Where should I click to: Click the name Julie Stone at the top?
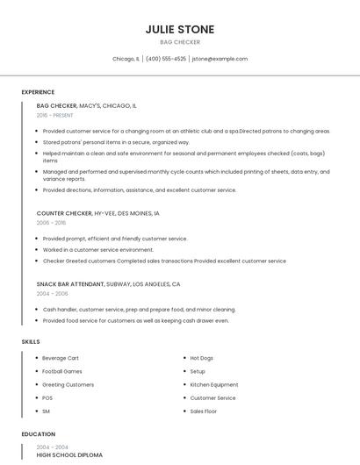pos(180,29)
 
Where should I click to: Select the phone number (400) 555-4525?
pos(166,59)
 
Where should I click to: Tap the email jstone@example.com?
pos(220,59)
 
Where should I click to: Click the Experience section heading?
pos(38,92)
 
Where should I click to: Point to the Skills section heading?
pos(31,341)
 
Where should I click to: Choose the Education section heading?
pos(39,434)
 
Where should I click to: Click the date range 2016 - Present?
pos(55,115)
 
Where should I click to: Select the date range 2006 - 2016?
pos(51,223)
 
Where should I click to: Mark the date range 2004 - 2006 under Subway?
pos(51,294)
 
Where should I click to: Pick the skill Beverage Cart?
pos(61,358)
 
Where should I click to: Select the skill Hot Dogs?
pos(202,358)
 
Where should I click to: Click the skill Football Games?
pos(61,371)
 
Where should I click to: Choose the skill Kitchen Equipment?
pos(214,384)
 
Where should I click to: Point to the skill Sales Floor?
pos(204,411)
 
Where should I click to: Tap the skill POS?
pos(47,397)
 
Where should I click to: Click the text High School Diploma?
pos(69,455)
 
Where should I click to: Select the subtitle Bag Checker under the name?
pos(180,42)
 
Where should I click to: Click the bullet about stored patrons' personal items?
pos(116,141)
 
